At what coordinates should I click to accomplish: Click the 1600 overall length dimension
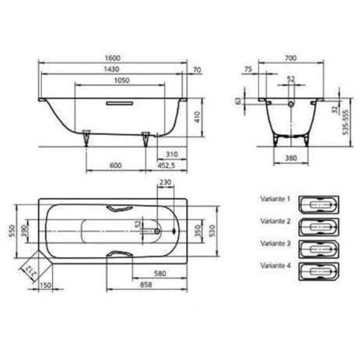[x=113, y=58]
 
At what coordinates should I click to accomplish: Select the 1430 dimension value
[x=111, y=69]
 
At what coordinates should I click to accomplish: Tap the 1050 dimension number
[x=122, y=80]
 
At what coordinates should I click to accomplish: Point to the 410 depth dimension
[x=197, y=117]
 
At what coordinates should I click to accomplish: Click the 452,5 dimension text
[x=166, y=165]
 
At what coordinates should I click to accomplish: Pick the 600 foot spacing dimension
[x=115, y=165]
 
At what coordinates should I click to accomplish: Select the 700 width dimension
[x=291, y=58]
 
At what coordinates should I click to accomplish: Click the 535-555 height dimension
[x=345, y=122]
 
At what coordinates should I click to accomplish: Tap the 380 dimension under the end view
[x=291, y=158]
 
